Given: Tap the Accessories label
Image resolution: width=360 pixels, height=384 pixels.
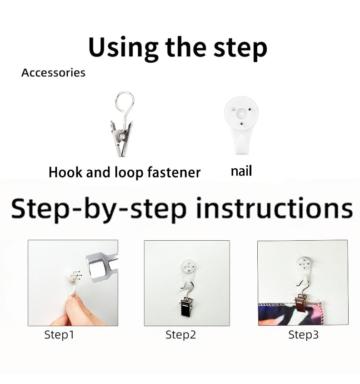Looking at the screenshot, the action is pos(53,73).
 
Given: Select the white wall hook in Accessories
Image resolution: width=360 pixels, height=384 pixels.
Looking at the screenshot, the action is pos(241,125).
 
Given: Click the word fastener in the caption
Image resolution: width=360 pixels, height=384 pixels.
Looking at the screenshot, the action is pos(174,172).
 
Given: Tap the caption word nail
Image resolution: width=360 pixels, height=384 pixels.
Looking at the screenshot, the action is pos(241,171).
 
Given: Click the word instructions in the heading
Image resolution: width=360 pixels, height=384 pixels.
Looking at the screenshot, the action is pos(275,208).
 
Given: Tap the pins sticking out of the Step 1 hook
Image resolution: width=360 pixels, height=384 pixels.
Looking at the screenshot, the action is pos(76,276).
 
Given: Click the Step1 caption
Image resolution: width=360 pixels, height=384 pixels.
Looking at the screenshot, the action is pos(59,335).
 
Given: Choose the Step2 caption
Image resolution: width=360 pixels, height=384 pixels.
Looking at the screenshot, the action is pos(180,335).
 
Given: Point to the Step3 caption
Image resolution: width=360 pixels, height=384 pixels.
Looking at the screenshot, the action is pos(304,335).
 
